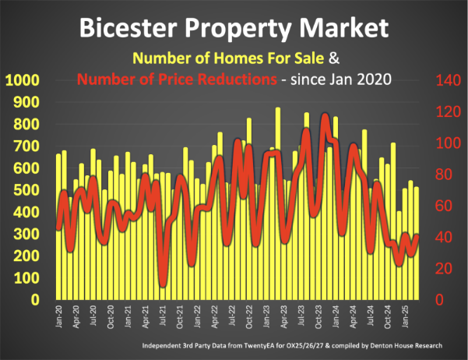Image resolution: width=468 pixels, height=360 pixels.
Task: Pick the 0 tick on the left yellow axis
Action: pos(34,300)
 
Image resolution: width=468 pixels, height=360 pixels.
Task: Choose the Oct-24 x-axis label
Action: pos(388,316)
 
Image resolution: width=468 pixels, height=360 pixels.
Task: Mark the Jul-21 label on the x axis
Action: pos(162,316)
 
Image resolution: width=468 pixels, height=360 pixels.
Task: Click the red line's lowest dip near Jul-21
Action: pos(163,284)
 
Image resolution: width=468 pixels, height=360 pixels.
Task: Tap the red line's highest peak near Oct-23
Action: pos(324,118)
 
